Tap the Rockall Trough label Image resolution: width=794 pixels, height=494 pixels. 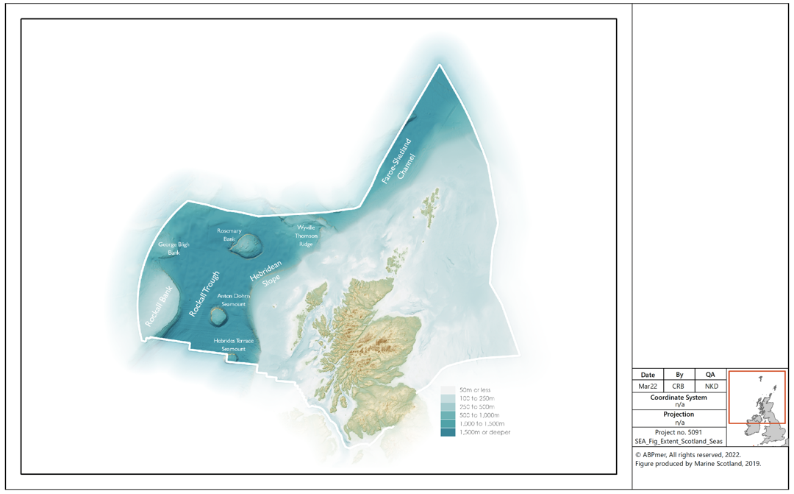[204, 293]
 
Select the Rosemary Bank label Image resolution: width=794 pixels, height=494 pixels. [229, 234]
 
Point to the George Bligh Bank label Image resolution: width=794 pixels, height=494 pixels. [174, 248]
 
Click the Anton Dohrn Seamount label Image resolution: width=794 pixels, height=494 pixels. [235, 300]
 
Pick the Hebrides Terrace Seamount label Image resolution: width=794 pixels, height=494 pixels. [234, 345]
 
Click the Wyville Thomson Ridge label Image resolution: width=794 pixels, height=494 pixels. [307, 236]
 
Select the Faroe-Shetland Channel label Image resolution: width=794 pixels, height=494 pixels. [398, 160]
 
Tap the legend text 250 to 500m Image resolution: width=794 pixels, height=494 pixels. [476, 406]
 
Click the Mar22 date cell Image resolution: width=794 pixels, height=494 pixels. [648, 386]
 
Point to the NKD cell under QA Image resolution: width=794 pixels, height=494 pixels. [710, 386]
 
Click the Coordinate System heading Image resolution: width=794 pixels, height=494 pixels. [679, 398]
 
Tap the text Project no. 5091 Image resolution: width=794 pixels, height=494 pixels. [679, 432]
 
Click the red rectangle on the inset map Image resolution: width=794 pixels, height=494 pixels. [757, 397]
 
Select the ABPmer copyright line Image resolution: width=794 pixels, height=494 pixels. [687, 455]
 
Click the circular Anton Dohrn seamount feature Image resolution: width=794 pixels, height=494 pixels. [218, 317]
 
